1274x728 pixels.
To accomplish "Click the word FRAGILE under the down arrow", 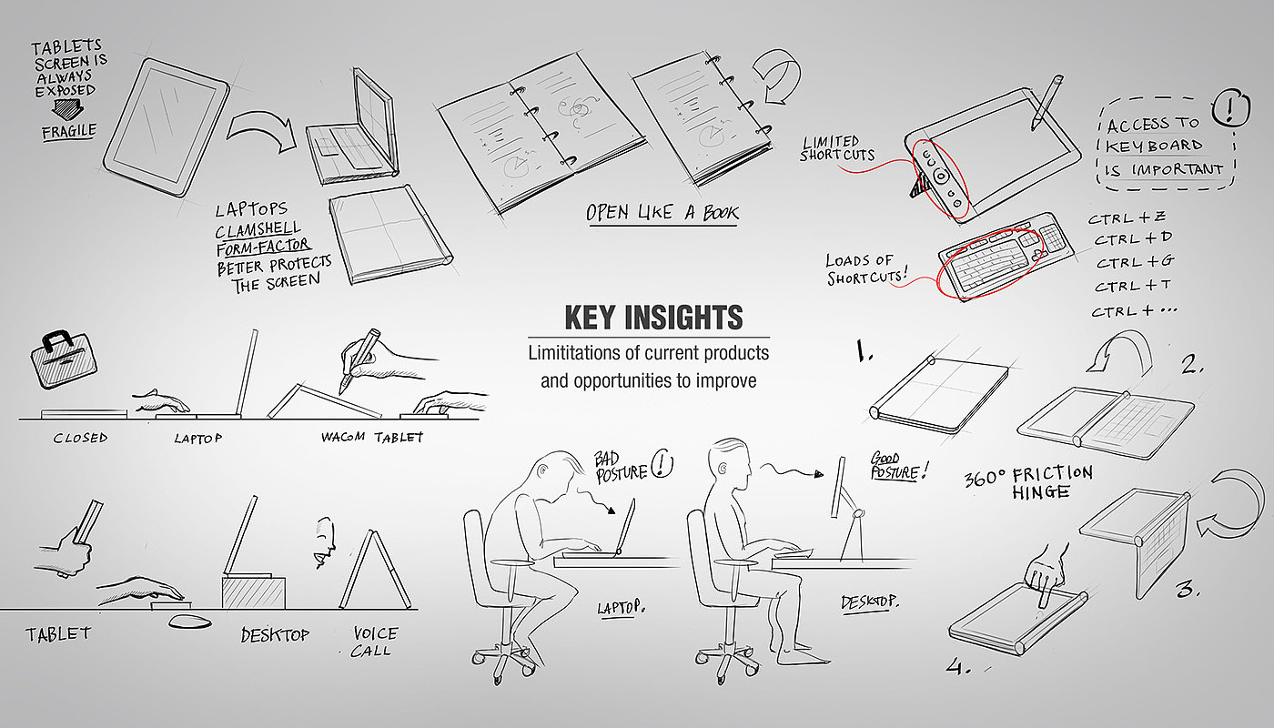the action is (x=69, y=132).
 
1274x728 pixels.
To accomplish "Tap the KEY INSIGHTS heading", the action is (x=653, y=318).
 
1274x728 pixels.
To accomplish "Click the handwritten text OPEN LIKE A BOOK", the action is (x=662, y=213).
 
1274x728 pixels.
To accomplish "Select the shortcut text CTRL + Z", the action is (x=1127, y=217).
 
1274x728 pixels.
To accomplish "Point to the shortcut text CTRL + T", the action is (x=1132, y=286).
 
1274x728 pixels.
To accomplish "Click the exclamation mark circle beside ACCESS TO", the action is (x=1229, y=107).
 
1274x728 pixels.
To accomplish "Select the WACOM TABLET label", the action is (x=372, y=438).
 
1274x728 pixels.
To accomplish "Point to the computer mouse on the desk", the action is (x=190, y=622).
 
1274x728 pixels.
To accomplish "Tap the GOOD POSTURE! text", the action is (x=899, y=466).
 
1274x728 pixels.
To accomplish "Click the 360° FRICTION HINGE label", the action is (x=1028, y=482).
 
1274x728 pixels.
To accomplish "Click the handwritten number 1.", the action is (x=864, y=351).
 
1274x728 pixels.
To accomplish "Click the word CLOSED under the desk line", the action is (x=80, y=438).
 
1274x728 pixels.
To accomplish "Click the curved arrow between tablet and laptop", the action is (x=263, y=132).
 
